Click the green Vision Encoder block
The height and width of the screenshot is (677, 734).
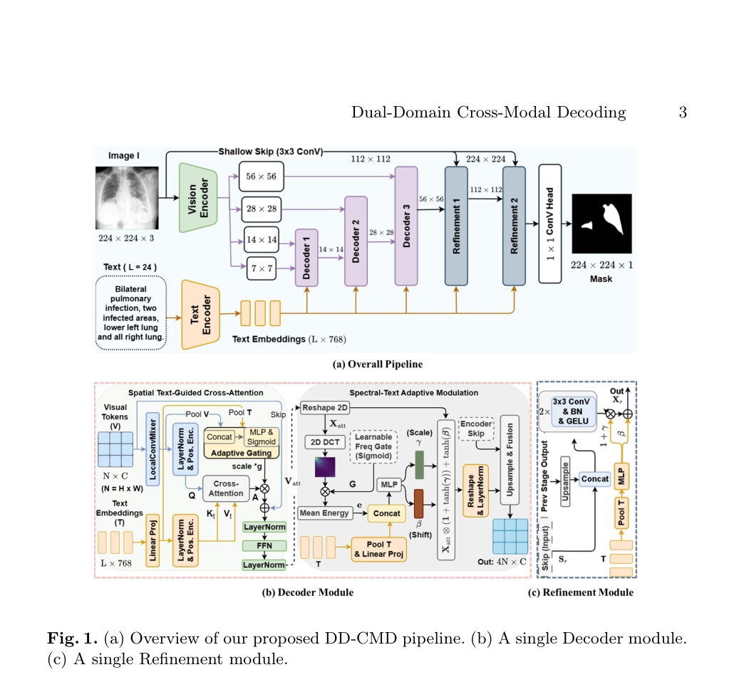pos(199,197)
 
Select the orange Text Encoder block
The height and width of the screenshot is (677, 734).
pos(201,314)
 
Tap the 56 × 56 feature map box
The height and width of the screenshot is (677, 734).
pos(262,177)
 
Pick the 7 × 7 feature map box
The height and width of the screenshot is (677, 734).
pos(262,268)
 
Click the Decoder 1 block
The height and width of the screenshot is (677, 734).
pos(306,258)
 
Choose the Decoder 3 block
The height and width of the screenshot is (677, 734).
pos(406,226)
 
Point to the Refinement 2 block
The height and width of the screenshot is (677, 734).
pos(514,226)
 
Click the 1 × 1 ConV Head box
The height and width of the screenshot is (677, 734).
pos(550,224)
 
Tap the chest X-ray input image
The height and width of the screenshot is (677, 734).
pos(127,198)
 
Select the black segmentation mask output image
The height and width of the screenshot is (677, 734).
pos(601,224)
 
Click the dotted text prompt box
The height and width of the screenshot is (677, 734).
pos(131,313)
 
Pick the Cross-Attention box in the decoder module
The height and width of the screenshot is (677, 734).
pos(226,488)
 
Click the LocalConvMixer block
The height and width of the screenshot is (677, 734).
pos(153,448)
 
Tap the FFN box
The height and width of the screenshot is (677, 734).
pos(264,545)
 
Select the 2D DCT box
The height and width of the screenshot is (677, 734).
pos(326,442)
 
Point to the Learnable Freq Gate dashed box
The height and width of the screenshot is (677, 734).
pos(373,446)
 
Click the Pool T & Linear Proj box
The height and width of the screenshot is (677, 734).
pos(378,550)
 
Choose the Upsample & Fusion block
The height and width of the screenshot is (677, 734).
pos(510,460)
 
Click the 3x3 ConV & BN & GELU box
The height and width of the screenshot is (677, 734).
pos(571,411)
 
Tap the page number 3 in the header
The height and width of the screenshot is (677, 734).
pos(683,112)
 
